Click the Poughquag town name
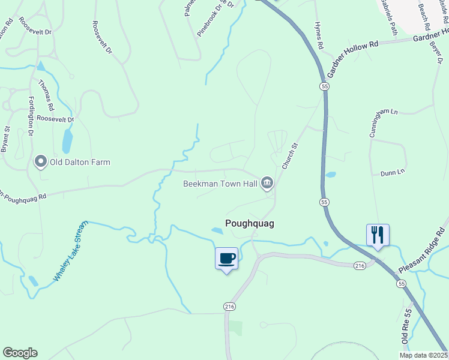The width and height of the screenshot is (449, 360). (x=249, y=223)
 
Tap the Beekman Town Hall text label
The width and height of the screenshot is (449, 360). (x=220, y=184)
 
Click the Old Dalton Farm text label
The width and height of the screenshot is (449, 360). (x=80, y=162)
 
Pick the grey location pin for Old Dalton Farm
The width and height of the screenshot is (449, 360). (x=41, y=161)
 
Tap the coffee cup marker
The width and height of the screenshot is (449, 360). (x=226, y=259)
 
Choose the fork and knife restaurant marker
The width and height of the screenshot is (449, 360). (x=378, y=235)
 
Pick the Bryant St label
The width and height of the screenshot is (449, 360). (x=5, y=138)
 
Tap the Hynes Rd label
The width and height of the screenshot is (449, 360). (x=319, y=37)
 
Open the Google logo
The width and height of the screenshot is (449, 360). (x=20, y=353)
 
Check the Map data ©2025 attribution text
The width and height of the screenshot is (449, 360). (x=423, y=355)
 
